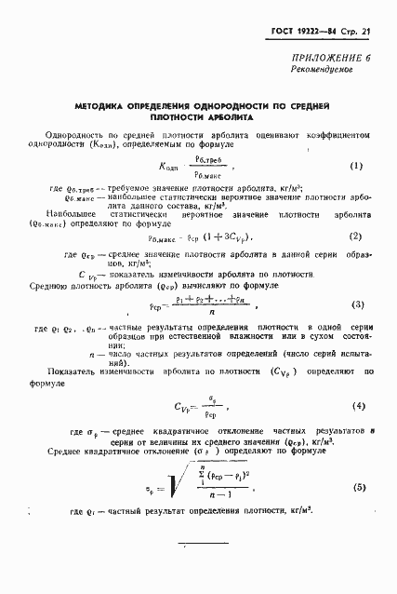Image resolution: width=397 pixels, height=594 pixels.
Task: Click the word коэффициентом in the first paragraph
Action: (339, 136)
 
